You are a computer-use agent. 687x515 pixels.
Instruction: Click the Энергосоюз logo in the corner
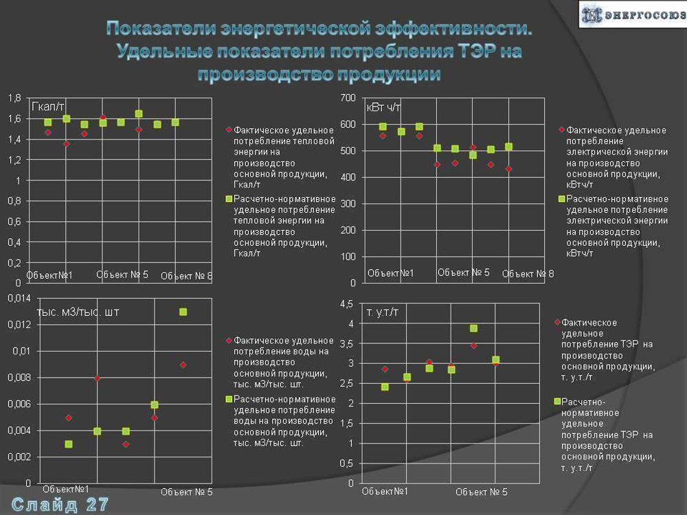pos(633,14)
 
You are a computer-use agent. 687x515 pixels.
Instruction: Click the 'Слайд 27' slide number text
pos(60,504)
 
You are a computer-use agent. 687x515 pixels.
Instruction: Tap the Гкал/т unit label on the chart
pos(48,106)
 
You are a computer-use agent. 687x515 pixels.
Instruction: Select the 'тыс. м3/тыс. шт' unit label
pos(78,312)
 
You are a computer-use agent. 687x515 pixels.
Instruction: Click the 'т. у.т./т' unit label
pos(382,312)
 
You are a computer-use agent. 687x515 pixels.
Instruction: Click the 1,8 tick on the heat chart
pos(14,98)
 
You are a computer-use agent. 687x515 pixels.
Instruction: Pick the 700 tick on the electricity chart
pos(348,98)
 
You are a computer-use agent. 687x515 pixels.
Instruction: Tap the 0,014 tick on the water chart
pos(19,298)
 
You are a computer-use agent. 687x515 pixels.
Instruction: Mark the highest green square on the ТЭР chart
pos(473,328)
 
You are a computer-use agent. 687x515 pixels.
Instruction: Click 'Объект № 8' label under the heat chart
pos(187,276)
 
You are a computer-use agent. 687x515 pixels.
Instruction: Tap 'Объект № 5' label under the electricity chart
pos(463,273)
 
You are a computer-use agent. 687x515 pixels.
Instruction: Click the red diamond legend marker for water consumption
pos(229,340)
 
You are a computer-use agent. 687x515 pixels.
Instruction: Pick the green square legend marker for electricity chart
pos(561,199)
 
